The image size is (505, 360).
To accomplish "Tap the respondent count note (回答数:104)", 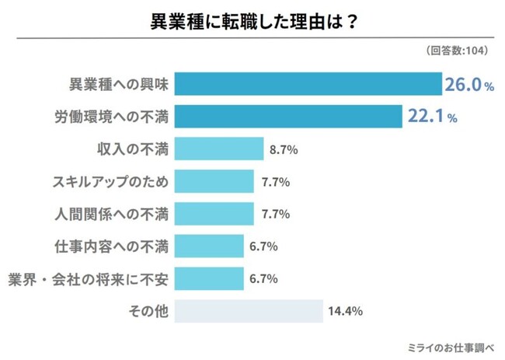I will [x=457, y=51].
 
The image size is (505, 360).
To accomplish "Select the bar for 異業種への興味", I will [x=308, y=83].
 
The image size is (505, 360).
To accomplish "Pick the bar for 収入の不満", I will [x=220, y=149].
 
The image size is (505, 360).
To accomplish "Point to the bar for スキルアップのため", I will [x=214, y=181].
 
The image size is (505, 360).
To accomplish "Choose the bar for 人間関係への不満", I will [x=214, y=214].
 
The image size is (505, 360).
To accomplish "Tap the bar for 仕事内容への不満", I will [x=209, y=246].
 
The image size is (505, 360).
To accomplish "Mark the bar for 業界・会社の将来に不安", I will [x=209, y=278].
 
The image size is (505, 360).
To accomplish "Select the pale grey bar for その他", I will [x=249, y=311].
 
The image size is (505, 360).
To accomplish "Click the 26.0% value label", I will [x=468, y=84].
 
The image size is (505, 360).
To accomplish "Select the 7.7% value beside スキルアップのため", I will [x=275, y=181].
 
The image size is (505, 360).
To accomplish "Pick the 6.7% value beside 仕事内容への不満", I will [x=264, y=246].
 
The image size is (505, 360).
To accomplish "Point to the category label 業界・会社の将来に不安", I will [x=87, y=278].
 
